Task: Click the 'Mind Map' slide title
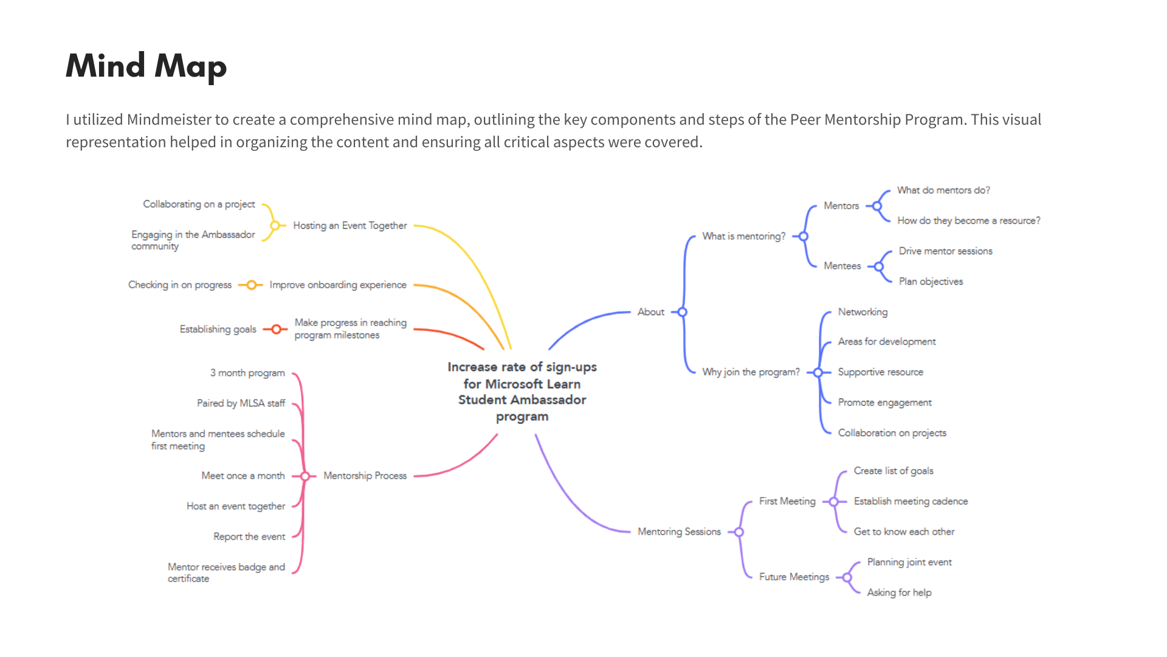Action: pyautogui.click(x=146, y=66)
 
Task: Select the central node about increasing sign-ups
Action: pyautogui.click(x=522, y=392)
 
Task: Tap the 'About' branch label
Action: pyautogui.click(x=650, y=312)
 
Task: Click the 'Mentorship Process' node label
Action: pyautogui.click(x=365, y=476)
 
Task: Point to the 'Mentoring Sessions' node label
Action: pyautogui.click(x=679, y=532)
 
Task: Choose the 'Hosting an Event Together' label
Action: pyautogui.click(x=349, y=226)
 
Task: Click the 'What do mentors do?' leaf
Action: pyautogui.click(x=943, y=190)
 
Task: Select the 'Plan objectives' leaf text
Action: pyautogui.click(x=931, y=282)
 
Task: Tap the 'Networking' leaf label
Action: pyautogui.click(x=862, y=312)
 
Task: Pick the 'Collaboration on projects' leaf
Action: pyautogui.click(x=892, y=433)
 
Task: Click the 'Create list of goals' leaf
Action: pyautogui.click(x=893, y=471)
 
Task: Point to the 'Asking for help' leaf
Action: pyautogui.click(x=899, y=593)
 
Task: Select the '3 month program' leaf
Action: pyautogui.click(x=247, y=373)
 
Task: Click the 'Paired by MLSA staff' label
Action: pyautogui.click(x=241, y=403)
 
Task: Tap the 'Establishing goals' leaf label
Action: pyautogui.click(x=218, y=329)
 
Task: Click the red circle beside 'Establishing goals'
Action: pyautogui.click(x=276, y=329)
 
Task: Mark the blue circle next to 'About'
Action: pyautogui.click(x=683, y=312)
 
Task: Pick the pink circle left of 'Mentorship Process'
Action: pyautogui.click(x=305, y=476)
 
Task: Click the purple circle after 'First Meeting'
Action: pyautogui.click(x=834, y=502)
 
